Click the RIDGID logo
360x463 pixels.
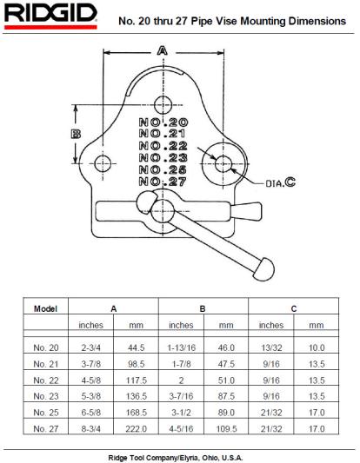[x=50, y=17]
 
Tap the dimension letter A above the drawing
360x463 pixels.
[x=163, y=51]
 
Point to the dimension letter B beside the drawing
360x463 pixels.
[x=76, y=135]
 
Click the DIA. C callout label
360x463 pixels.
[x=281, y=182]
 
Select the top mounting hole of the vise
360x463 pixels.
[x=163, y=105]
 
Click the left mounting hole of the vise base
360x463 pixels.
[x=103, y=163]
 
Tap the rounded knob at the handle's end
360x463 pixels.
[x=264, y=269]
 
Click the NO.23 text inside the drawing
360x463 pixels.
[x=163, y=158]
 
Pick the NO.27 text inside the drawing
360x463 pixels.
[x=163, y=182]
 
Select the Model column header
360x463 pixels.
[x=45, y=309]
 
